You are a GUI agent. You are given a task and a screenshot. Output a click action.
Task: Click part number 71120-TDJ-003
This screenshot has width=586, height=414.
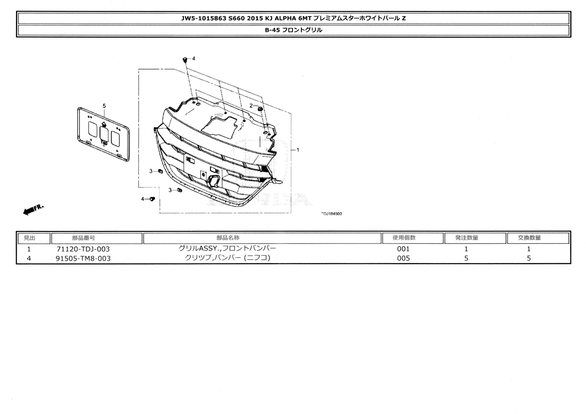(x=83, y=249)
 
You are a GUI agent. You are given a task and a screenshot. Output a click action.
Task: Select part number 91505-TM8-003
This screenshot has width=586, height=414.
(x=83, y=258)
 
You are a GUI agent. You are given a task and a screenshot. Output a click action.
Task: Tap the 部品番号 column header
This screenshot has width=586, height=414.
(x=84, y=238)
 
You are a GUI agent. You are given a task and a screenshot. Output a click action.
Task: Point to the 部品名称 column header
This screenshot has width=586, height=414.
(x=228, y=238)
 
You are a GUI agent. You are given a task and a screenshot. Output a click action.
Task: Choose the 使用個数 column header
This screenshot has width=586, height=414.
(x=404, y=238)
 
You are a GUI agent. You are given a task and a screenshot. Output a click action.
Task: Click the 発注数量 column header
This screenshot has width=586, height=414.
(x=467, y=238)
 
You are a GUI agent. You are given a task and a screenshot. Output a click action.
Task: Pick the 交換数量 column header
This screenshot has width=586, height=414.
(x=529, y=238)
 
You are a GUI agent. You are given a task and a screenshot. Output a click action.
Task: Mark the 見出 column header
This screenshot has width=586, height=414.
(x=29, y=238)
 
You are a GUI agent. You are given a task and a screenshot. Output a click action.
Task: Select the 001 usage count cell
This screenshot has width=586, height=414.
(x=403, y=249)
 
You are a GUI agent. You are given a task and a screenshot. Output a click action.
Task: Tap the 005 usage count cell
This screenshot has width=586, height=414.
(x=403, y=258)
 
